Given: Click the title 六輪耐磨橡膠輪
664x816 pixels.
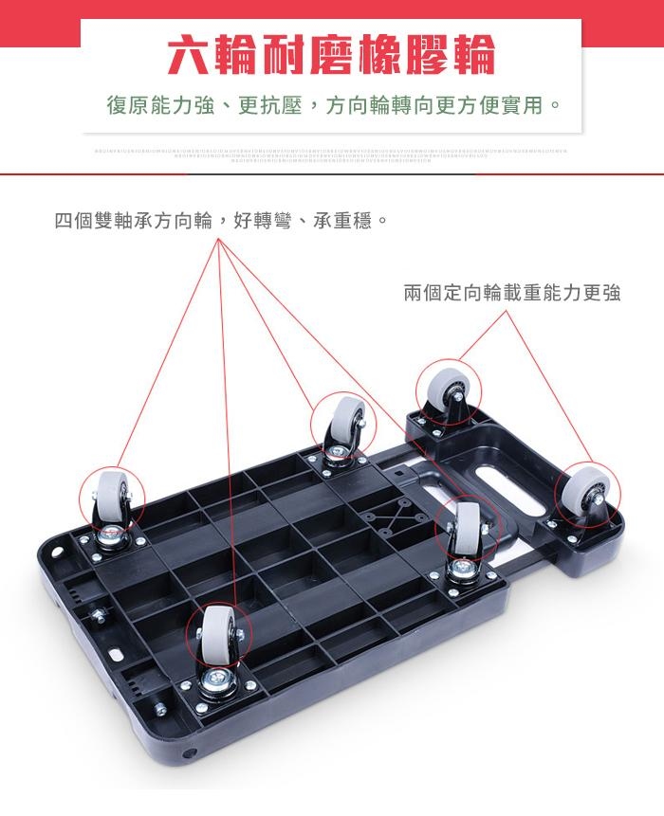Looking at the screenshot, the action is point(331,55).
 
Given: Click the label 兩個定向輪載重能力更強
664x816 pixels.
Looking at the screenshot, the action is point(512,293).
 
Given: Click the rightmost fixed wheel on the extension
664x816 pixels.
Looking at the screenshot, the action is point(581,493).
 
